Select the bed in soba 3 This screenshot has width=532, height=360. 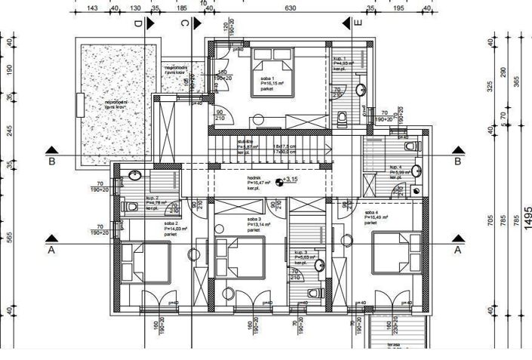click(240, 258)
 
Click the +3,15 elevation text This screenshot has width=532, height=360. click(291, 180)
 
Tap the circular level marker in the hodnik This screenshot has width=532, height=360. click(280, 181)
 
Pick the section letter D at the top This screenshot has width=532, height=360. click(138, 24)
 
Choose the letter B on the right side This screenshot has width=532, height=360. click(457, 161)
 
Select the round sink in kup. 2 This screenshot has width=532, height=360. click(134, 177)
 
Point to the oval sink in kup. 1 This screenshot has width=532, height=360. click(361, 90)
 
